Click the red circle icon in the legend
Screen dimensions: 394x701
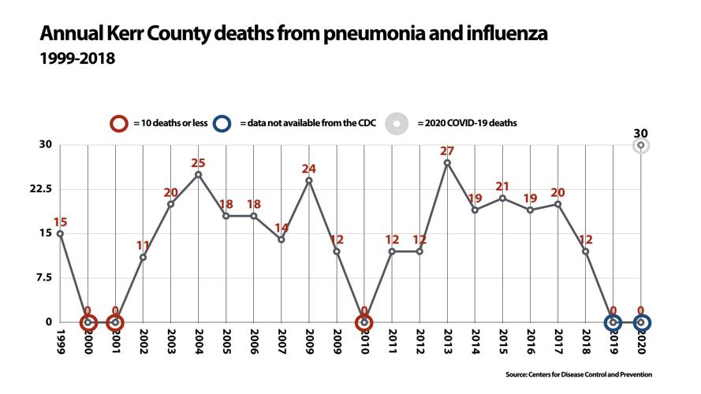[120, 123]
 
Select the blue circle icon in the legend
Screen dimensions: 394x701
[224, 123]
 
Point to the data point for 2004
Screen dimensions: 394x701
[198, 174]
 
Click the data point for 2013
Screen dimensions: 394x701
[447, 162]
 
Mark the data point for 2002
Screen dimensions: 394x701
[143, 257]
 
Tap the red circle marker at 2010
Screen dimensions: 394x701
[364, 322]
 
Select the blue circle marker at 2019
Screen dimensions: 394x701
[613, 322]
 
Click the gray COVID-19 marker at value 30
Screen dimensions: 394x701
[641, 145]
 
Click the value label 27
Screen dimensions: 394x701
[447, 151]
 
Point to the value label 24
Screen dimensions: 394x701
[308, 168]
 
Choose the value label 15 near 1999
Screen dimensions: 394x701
[61, 221]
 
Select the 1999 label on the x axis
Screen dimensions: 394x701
[61, 341]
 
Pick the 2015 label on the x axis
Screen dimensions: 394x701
[502, 341]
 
